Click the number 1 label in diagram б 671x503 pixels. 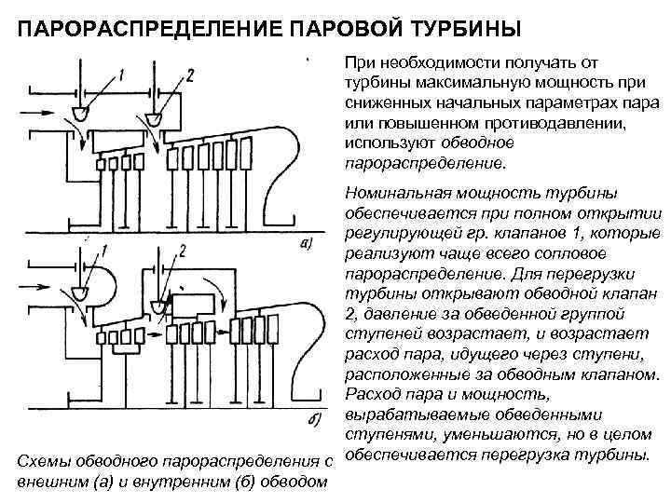pos(105,250)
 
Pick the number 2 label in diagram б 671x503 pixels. pos(183,251)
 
